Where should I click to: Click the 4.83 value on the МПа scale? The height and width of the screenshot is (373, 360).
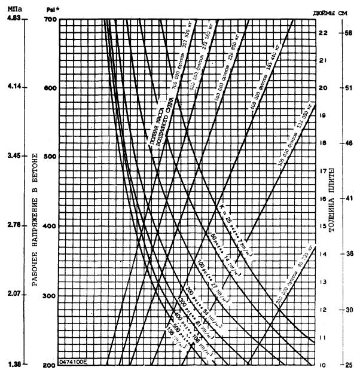tap(13, 19)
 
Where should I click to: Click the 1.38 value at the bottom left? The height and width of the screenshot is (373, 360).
tap(13, 363)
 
